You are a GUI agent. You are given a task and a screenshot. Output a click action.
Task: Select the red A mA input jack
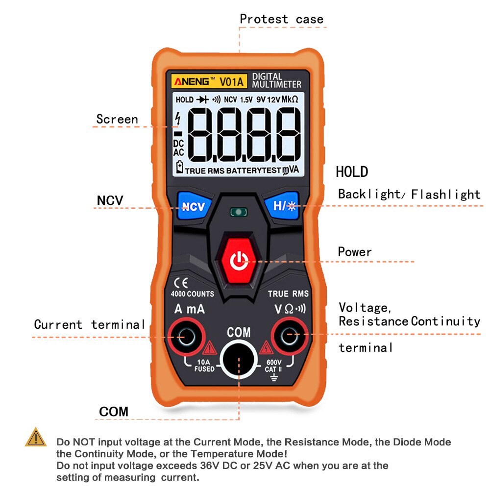click(187, 337)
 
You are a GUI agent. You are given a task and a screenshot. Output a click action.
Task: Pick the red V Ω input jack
click(290, 337)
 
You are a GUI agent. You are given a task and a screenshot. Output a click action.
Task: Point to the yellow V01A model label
click(232, 80)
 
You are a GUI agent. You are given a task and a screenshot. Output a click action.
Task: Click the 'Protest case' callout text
click(281, 20)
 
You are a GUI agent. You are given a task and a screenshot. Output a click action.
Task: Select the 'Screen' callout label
click(117, 119)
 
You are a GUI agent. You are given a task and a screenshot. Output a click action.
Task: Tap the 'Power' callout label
click(355, 252)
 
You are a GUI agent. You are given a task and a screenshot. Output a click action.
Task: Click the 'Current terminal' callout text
click(90, 324)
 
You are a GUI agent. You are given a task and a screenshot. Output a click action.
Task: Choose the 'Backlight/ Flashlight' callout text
click(409, 194)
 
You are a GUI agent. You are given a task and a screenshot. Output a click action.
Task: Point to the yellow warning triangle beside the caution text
click(36, 438)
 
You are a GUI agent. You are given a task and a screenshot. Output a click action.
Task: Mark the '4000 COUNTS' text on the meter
click(192, 294)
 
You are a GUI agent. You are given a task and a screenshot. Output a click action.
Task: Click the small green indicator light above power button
click(239, 212)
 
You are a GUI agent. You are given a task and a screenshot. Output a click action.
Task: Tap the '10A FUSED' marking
click(204, 366)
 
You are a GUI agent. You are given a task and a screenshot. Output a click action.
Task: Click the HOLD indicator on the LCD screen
click(184, 100)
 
